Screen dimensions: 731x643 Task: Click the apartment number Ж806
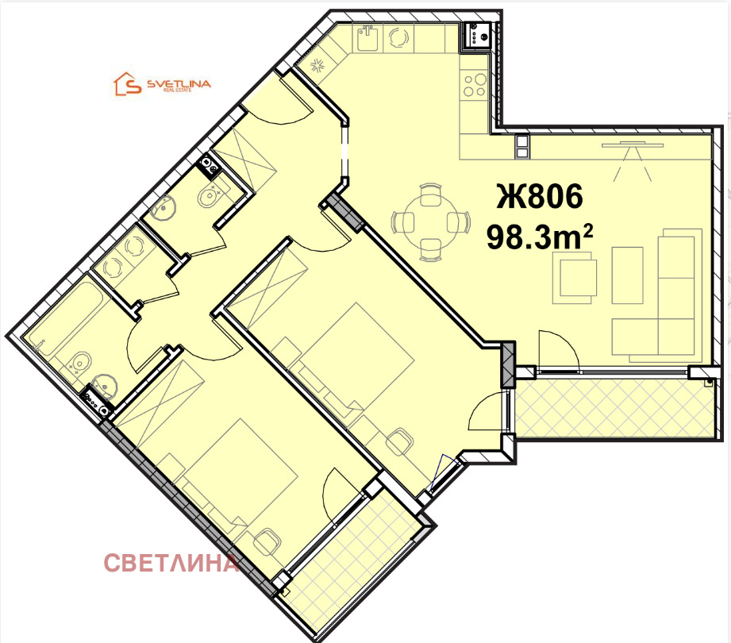[x=540, y=196]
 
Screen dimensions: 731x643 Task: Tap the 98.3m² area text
[x=540, y=237]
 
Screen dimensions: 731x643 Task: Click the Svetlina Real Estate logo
[x=162, y=84]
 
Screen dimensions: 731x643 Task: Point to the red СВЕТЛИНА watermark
[x=171, y=563]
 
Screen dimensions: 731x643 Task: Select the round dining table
[x=430, y=222]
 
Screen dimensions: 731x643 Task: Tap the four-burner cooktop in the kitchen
[x=475, y=85]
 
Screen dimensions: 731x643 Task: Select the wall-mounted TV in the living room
[x=633, y=145]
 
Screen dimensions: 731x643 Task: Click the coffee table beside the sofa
[x=627, y=275]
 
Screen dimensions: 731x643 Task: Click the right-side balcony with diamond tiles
[x=614, y=408]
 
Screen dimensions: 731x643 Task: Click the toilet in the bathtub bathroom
[x=80, y=362]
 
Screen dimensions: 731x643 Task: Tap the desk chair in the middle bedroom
[x=399, y=440]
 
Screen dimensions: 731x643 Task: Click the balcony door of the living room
[x=560, y=351]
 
